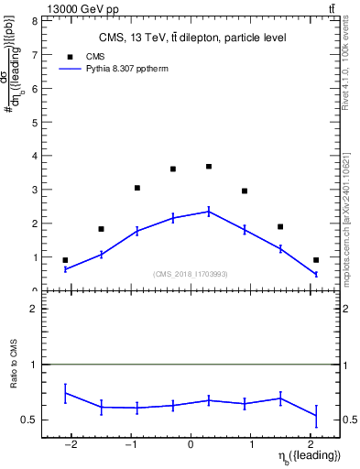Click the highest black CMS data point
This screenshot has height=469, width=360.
point(209,167)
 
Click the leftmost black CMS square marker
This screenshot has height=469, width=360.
point(65,260)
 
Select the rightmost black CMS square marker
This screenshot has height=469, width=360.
point(316,260)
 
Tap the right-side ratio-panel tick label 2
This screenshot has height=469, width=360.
point(350,310)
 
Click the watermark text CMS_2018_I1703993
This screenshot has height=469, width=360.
point(190,274)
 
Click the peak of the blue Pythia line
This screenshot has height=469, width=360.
point(209,212)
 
